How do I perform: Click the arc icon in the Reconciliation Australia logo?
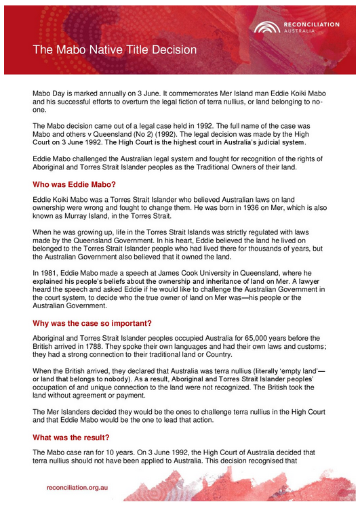tap(266, 27)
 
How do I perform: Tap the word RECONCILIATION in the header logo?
tap(311, 24)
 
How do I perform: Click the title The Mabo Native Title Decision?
tap(115, 49)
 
